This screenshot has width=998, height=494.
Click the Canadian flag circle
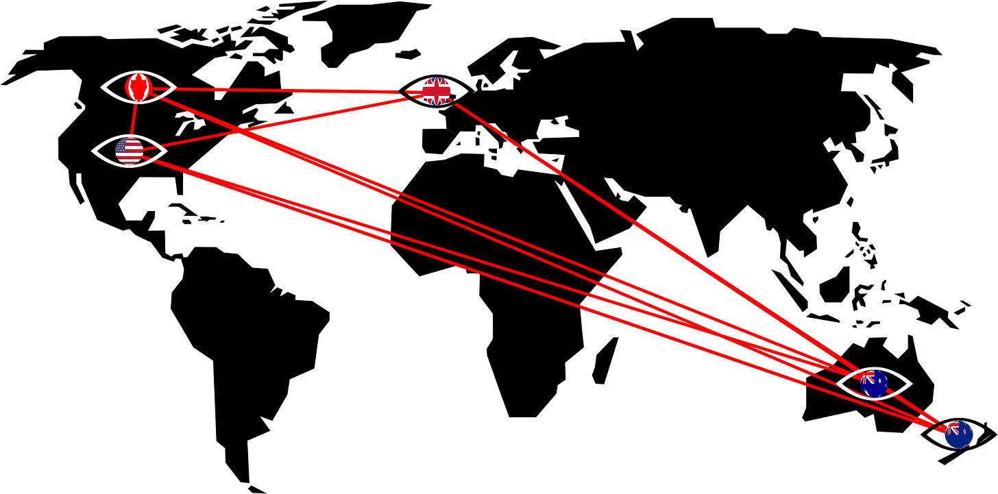coord(138,87)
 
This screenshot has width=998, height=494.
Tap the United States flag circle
coord(129,151)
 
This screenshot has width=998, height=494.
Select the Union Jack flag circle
coord(436,91)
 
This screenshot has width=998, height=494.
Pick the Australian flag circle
coord(874,384)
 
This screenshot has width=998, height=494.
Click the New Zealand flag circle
coord(958,434)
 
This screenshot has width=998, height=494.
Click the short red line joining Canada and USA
coord(134,118)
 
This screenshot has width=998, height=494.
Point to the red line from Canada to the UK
coord(288,90)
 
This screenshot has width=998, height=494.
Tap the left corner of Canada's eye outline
coord(102,87)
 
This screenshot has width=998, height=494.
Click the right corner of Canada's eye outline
coord(175,87)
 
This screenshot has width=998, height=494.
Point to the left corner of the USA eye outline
coord(93,151)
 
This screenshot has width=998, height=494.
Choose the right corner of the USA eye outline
coord(166,151)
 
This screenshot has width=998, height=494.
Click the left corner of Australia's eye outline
coord(838,384)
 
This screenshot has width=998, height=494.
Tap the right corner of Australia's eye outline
coord(911,384)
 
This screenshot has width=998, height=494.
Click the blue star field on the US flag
coord(121,145)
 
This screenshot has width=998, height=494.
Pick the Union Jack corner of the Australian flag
coord(868,377)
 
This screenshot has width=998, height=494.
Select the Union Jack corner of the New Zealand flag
coord(952,428)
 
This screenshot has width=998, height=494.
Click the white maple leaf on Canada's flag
coord(138,87)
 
